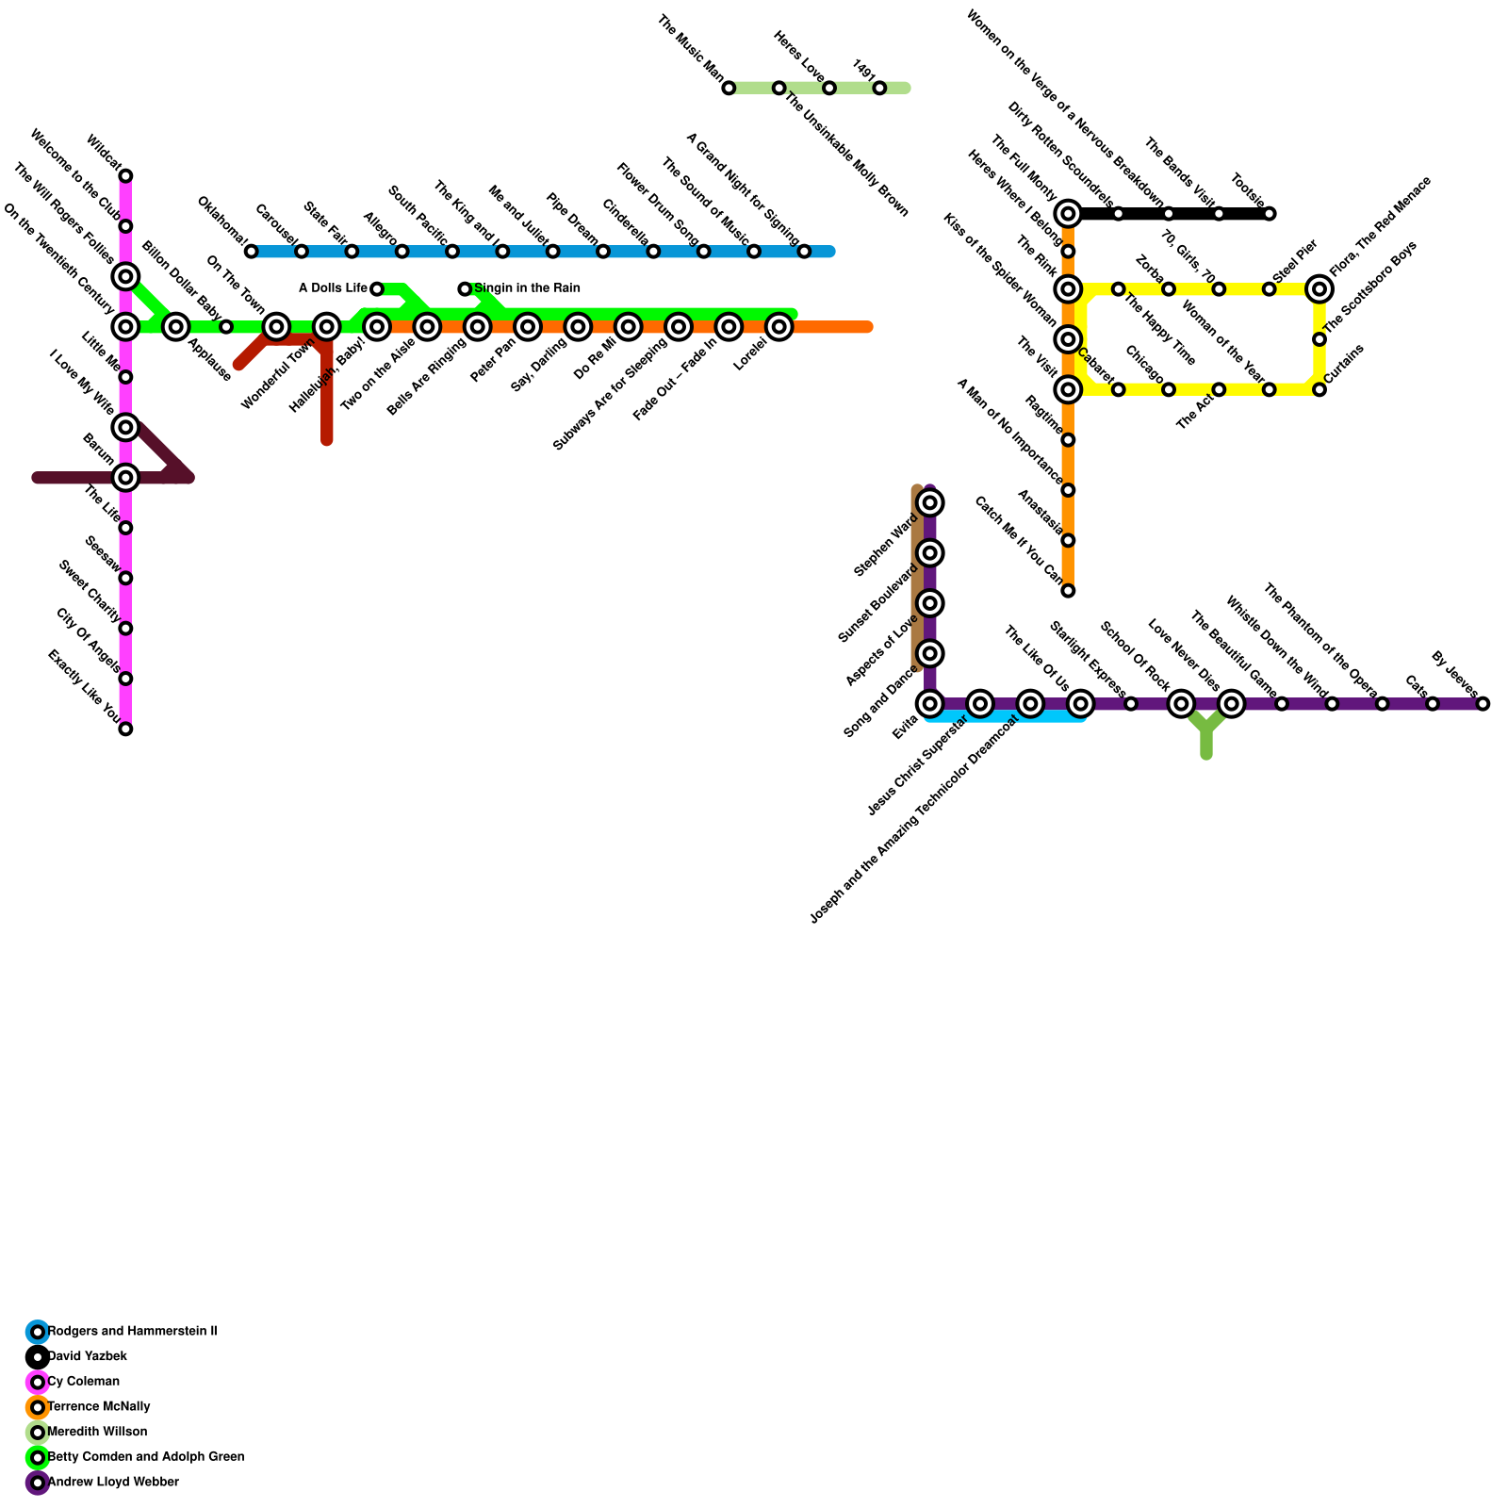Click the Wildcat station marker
125,176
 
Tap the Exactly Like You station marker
125,729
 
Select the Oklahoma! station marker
251,252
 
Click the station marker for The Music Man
729,89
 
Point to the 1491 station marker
879,89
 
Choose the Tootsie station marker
1270,214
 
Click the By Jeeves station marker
1483,704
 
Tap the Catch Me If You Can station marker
1068,591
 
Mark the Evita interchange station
930,704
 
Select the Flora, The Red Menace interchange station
1319,289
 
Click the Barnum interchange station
125,478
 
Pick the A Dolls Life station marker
377,288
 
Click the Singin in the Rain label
527,288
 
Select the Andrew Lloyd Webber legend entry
112,1483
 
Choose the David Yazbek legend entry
87,1356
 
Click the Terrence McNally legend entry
98,1407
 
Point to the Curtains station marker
1319,389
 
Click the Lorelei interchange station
779,327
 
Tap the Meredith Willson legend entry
96,1432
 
